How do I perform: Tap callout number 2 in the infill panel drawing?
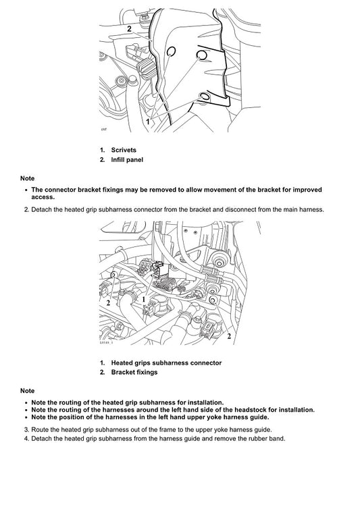(x=128, y=28)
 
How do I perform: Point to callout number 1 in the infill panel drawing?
(x=147, y=122)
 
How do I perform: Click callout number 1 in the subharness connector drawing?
(x=143, y=298)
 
